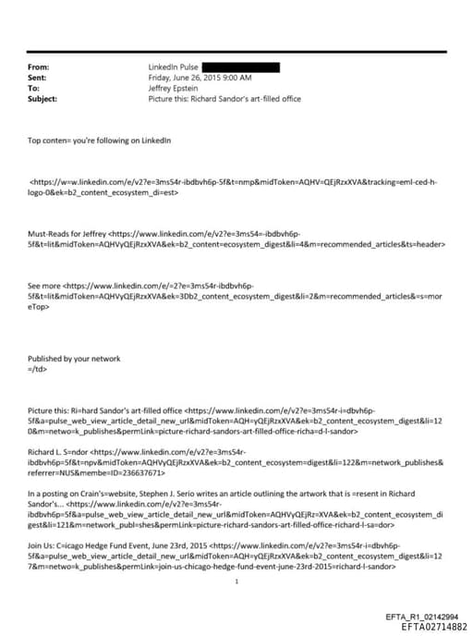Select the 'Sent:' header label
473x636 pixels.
click(38, 78)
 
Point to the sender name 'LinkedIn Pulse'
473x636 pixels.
click(173, 67)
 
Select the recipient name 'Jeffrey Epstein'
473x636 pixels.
click(174, 88)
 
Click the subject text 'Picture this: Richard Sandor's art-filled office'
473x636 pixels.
click(224, 98)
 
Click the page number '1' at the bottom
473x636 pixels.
click(237, 581)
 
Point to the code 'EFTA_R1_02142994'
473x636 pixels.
click(422, 617)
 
